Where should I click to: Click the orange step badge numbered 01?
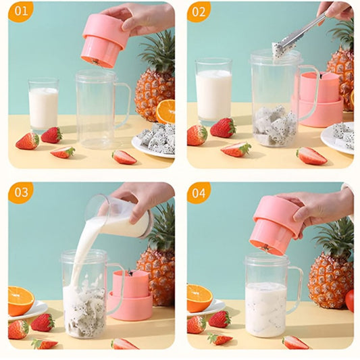pos(21,11)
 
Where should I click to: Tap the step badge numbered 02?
pos(199,11)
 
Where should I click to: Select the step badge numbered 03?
pos(21,192)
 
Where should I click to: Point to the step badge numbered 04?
pos(199,192)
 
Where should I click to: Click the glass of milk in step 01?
pos(43,105)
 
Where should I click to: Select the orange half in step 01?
pos(165,111)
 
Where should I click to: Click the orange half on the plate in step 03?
pos(20,299)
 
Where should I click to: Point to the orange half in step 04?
pos(199,298)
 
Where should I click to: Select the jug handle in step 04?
pos(295,289)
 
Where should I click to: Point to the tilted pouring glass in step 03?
pos(122,217)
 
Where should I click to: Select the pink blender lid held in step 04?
pos(276,224)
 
